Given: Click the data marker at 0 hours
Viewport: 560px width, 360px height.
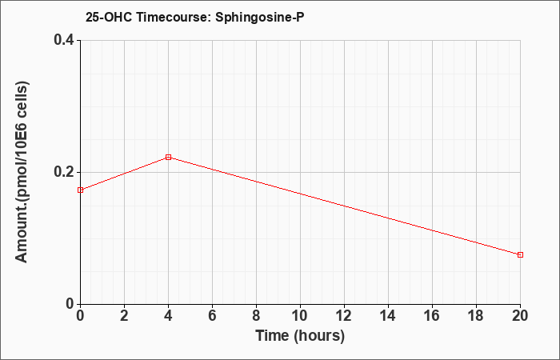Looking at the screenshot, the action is tap(80, 190).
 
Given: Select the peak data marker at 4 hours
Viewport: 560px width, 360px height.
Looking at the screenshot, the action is tap(169, 157).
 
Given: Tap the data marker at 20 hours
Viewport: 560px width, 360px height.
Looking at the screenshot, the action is tap(520, 254).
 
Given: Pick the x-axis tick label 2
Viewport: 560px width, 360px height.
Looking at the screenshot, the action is tap(124, 316).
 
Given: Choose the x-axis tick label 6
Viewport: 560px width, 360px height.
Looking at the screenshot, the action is tap(213, 316).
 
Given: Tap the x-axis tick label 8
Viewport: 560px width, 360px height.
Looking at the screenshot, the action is tap(257, 316).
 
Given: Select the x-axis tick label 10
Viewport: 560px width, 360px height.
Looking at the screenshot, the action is tap(300, 316).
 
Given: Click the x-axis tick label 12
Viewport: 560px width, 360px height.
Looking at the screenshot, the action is tap(344, 316).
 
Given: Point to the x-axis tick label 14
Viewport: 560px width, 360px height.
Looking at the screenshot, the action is tap(388, 316).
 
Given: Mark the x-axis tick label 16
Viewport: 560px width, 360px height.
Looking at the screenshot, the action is tap(433, 316).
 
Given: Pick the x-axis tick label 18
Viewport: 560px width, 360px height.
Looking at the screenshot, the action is tap(477, 316).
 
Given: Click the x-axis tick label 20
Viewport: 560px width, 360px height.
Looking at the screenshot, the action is tap(520, 316).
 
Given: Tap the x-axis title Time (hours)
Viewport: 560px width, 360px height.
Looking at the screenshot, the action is tap(300, 336).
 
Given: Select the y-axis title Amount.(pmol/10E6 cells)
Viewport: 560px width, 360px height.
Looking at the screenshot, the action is tap(22, 172).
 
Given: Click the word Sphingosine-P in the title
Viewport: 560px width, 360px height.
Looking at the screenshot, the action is tap(260, 17).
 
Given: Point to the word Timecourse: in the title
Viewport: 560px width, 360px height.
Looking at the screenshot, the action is tap(174, 17).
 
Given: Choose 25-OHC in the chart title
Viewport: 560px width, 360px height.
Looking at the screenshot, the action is tap(110, 17).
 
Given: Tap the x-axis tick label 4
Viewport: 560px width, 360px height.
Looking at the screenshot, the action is tap(169, 316).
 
